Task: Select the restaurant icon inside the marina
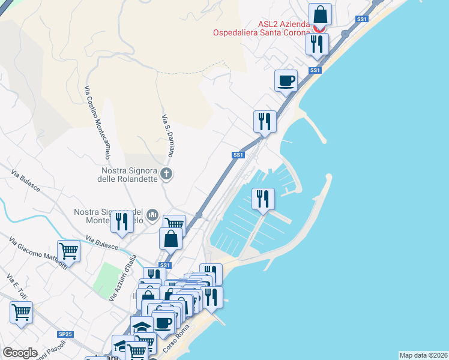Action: pos(263,199)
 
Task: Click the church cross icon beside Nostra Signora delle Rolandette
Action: pos(167,175)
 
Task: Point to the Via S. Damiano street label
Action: pos(168,136)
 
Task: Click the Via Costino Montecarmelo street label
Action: pos(97,122)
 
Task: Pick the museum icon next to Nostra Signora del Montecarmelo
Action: pos(152,214)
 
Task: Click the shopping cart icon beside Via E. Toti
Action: pos(21,312)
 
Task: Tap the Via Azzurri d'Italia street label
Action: pos(123,278)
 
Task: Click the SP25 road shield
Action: pos(65,334)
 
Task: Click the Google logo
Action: pos(20,353)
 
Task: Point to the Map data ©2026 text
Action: pos(423,355)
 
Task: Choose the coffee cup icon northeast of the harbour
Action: pos(286,80)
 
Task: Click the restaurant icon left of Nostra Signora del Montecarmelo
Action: pos(122,221)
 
